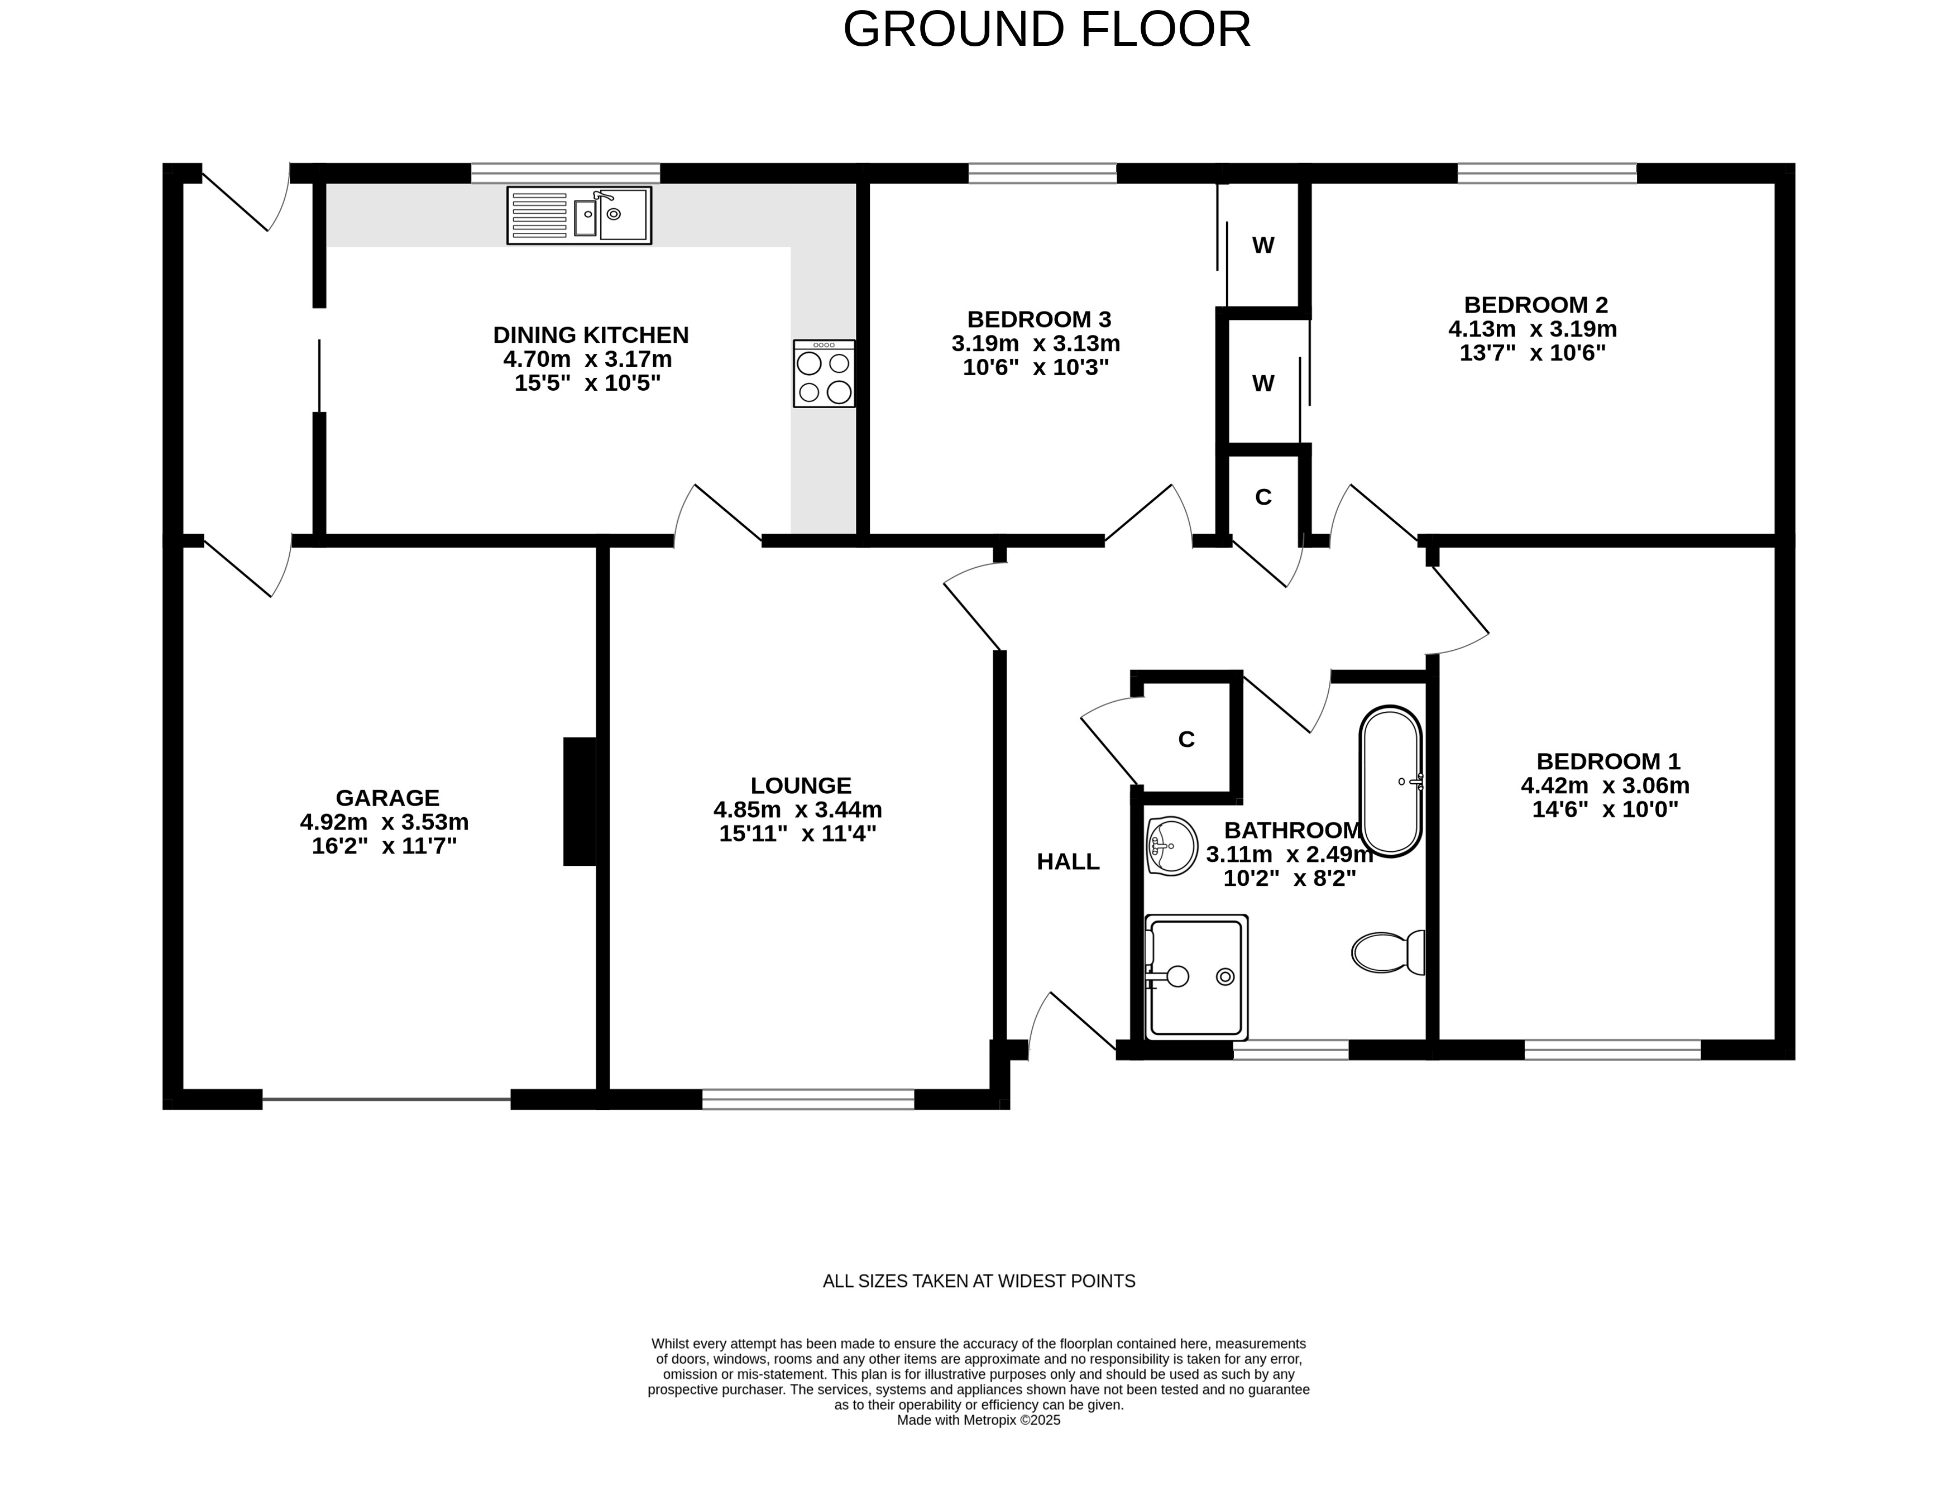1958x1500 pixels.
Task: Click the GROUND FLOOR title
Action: pyautogui.click(x=1046, y=30)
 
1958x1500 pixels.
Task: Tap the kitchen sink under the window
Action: pyautogui.click(x=580, y=215)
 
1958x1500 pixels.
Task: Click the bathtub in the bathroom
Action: pyautogui.click(x=1390, y=781)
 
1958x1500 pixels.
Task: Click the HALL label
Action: pyautogui.click(x=1068, y=861)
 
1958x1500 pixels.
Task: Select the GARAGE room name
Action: pyautogui.click(x=387, y=797)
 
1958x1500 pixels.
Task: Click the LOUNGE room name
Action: pyautogui.click(x=801, y=785)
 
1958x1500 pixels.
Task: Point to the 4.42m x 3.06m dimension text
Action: pyautogui.click(x=1605, y=785)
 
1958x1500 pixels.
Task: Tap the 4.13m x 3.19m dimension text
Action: pyautogui.click(x=1532, y=329)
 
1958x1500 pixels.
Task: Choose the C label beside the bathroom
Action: pyautogui.click(x=1186, y=739)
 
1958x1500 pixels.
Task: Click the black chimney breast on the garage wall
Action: pyautogui.click(x=580, y=801)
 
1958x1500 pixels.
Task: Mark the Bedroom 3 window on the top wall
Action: pyautogui.click(x=1042, y=173)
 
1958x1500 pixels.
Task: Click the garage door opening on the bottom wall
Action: pyautogui.click(x=386, y=1099)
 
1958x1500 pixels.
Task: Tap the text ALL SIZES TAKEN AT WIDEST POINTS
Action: pyautogui.click(x=979, y=1281)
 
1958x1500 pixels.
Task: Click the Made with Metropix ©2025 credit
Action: pyautogui.click(x=979, y=1420)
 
